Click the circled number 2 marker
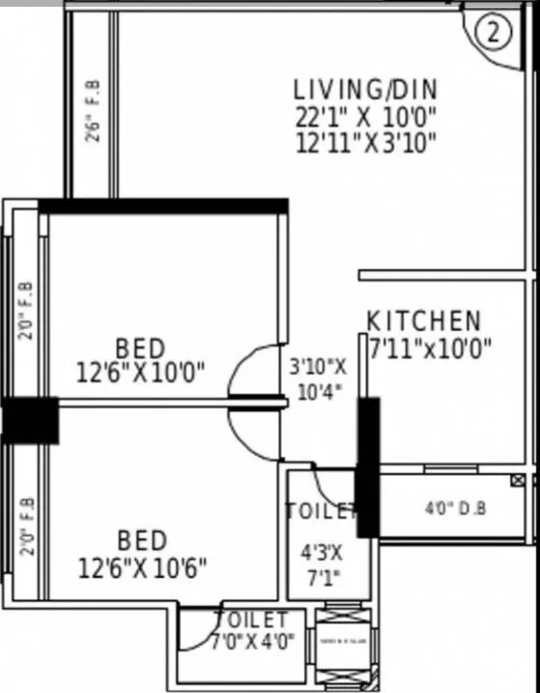[493, 33]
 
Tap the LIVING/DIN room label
[365, 90]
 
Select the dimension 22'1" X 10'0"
[365, 117]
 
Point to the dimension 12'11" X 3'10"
[365, 143]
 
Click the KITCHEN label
[423, 320]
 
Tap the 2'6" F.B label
[93, 111]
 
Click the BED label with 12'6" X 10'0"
[140, 346]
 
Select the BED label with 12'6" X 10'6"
[142, 539]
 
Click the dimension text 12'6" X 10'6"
[142, 565]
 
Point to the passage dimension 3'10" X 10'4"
[318, 379]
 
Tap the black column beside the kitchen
[368, 465]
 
